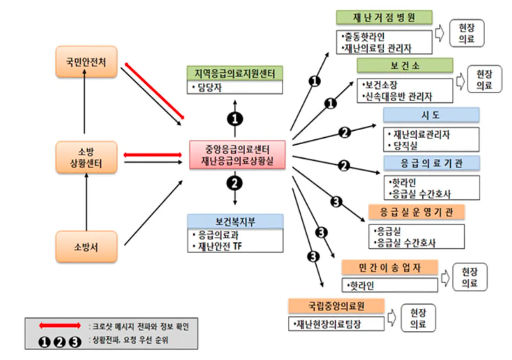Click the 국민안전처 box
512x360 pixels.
click(x=86, y=62)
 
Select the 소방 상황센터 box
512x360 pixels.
click(x=86, y=157)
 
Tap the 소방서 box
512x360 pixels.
click(x=86, y=247)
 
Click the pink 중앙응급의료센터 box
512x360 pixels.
click(x=237, y=155)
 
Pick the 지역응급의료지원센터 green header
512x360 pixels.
click(x=235, y=73)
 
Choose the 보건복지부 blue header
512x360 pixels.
click(x=235, y=222)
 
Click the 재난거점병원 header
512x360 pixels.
click(x=384, y=17)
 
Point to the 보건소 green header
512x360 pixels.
click(x=405, y=66)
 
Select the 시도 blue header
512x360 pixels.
click(x=431, y=115)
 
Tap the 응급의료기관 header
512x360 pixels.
click(x=431, y=163)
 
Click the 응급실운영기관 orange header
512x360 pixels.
click(x=416, y=212)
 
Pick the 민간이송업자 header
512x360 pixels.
click(x=389, y=267)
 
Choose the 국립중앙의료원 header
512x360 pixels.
click(x=336, y=306)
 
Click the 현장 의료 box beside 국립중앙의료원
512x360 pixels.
click(x=418, y=318)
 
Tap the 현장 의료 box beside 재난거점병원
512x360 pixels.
click(x=467, y=33)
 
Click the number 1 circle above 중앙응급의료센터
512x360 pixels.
click(x=235, y=119)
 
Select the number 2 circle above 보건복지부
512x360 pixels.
click(x=235, y=183)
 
